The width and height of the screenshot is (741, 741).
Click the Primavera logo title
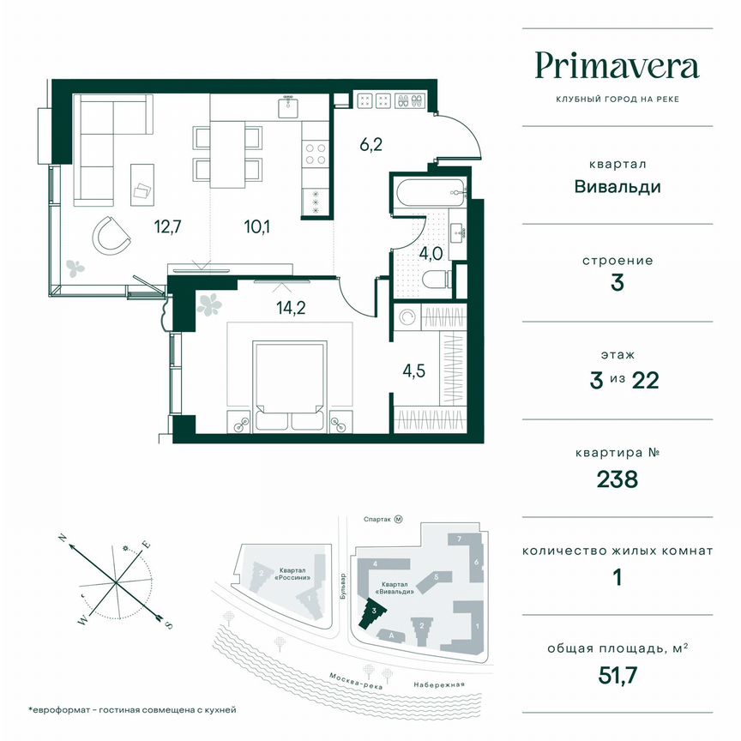(x=617, y=66)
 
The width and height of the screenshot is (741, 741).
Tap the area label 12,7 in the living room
(x=170, y=227)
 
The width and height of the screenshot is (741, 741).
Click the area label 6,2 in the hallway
(x=370, y=144)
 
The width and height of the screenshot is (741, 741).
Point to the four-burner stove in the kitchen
(x=315, y=154)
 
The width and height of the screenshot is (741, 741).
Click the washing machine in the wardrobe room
(x=409, y=317)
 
